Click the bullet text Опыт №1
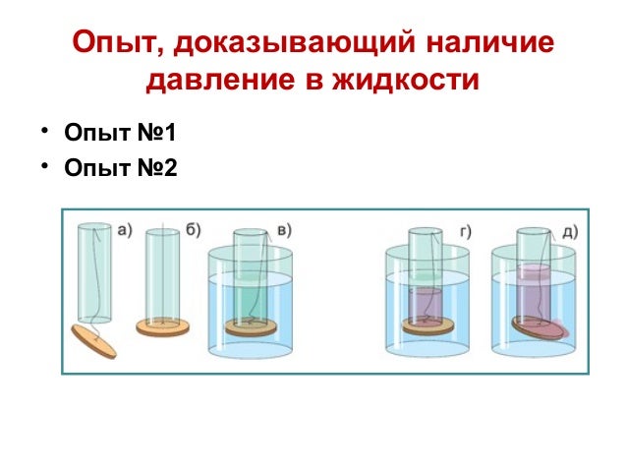tap(119, 133)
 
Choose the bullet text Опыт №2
tap(119, 168)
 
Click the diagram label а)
tap(125, 232)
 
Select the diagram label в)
tap(284, 232)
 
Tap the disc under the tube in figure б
tap(163, 326)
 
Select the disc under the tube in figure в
tap(252, 326)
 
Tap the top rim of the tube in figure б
tap(163, 233)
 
